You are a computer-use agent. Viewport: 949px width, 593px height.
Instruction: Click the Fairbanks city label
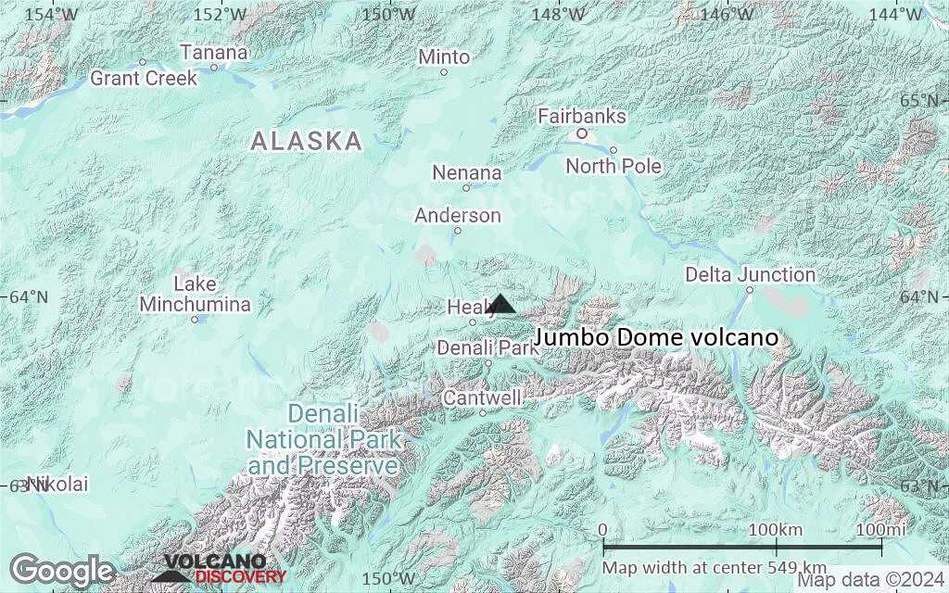(x=582, y=117)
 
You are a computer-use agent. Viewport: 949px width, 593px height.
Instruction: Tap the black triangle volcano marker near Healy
(x=501, y=304)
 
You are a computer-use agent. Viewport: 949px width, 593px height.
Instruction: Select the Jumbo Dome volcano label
(x=656, y=338)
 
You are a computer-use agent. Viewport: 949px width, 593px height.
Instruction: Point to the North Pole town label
(x=614, y=167)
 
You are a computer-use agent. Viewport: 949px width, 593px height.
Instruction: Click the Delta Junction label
(x=750, y=275)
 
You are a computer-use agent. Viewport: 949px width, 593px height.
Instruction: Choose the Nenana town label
(x=467, y=173)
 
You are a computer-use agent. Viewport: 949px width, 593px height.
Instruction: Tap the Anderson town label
(x=458, y=216)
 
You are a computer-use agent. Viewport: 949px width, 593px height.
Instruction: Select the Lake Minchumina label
(x=195, y=294)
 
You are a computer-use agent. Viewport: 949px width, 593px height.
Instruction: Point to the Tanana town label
(x=214, y=53)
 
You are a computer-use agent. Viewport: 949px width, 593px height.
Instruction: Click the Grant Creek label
(x=144, y=79)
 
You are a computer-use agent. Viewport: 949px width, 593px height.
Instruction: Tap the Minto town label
(x=444, y=57)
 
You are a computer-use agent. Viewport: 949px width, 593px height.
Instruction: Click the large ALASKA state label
(x=307, y=142)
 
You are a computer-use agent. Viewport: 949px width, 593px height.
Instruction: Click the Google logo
(x=63, y=570)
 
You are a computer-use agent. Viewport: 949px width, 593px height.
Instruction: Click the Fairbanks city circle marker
(x=582, y=133)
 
